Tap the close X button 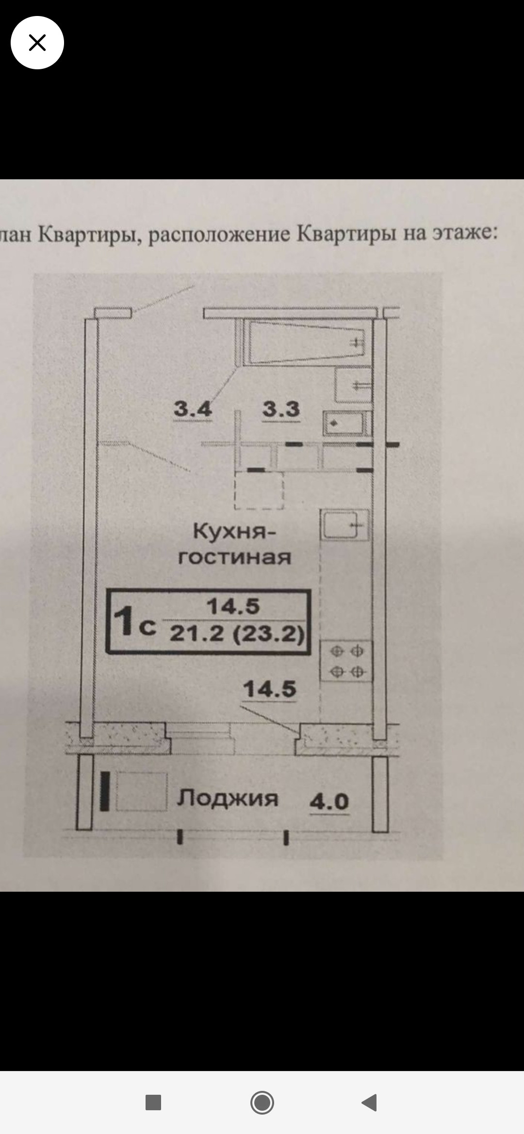point(37,43)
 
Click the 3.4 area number point(193,409)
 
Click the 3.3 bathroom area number point(281,409)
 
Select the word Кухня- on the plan point(234,532)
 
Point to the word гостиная point(235,557)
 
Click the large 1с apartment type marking point(133,622)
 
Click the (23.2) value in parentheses point(268,633)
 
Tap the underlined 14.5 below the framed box point(269,690)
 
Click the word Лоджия point(228,799)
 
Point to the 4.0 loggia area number point(329,802)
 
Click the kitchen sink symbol point(344,525)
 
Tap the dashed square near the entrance point(259,490)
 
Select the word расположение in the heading point(219,235)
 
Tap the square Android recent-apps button point(153,1102)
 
